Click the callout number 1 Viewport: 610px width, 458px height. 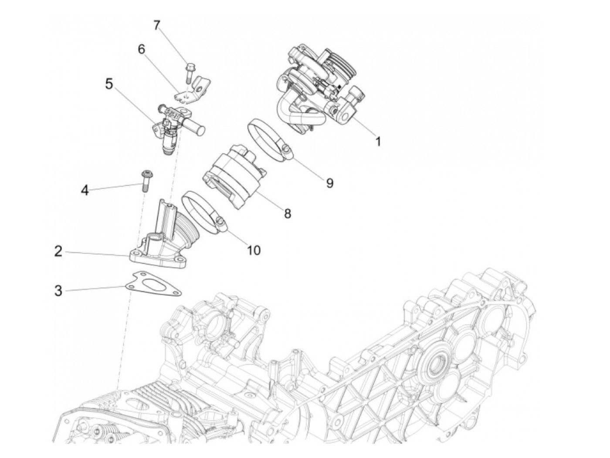[378, 141]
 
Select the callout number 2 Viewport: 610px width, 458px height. [58, 251]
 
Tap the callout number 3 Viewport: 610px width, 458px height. [58, 290]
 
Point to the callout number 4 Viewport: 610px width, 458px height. [85, 190]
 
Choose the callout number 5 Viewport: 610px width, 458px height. [109, 83]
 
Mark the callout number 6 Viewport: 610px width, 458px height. [141, 49]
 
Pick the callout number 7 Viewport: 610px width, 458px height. [156, 26]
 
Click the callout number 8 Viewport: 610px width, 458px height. [287, 213]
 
